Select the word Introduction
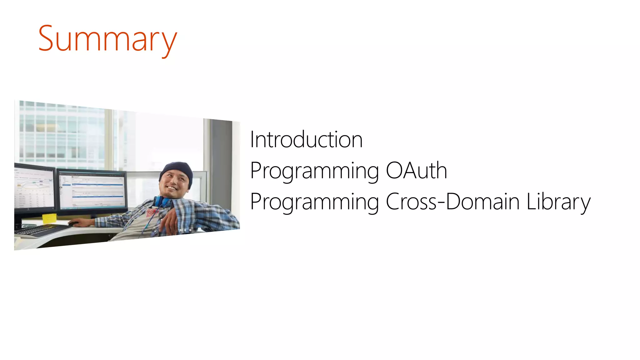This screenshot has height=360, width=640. click(306, 139)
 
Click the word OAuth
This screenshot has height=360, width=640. click(416, 171)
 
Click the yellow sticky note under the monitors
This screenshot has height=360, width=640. click(49, 218)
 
